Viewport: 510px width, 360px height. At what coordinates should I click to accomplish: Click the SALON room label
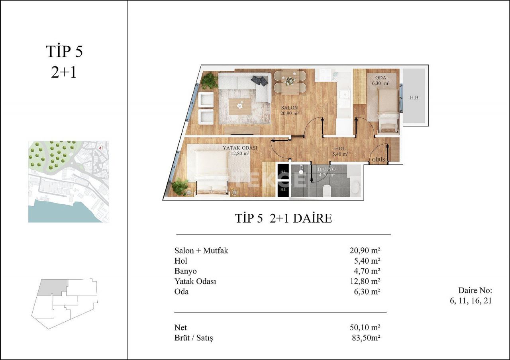[289, 108]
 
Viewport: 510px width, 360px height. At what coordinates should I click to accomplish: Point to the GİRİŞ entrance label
[379, 160]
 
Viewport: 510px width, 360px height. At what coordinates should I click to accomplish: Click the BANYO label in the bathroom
[326, 169]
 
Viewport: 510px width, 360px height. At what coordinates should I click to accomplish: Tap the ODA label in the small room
[381, 77]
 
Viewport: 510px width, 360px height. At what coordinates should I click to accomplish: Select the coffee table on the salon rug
[240, 106]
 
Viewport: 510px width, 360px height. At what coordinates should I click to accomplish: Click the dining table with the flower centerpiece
[290, 81]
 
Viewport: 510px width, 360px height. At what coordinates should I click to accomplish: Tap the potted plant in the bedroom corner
[181, 186]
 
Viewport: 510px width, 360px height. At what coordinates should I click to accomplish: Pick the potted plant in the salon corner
[208, 80]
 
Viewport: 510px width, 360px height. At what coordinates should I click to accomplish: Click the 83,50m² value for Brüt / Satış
[364, 338]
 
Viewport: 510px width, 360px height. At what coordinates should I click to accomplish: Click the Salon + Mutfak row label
[201, 250]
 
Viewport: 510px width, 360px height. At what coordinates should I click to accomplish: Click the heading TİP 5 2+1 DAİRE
[283, 218]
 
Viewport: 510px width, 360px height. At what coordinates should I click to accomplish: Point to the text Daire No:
[475, 290]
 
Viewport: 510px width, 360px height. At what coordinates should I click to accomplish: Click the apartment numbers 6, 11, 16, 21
[471, 301]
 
